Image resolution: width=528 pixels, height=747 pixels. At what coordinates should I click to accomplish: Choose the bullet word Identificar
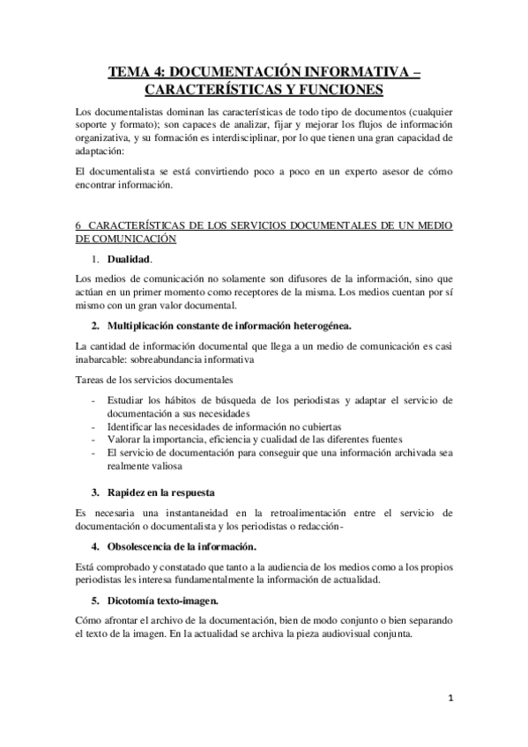[131, 426]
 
